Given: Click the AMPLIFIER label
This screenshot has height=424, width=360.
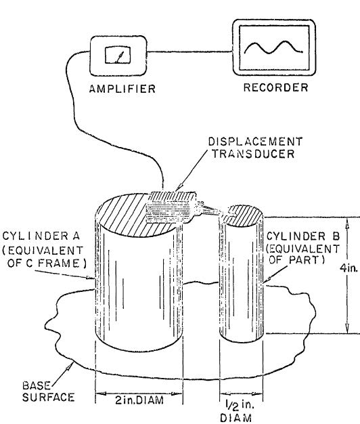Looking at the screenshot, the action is tap(122, 89).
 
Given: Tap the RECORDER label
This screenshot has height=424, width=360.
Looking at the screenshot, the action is tap(275, 87).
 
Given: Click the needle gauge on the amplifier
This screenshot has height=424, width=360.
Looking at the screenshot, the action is tap(118, 55).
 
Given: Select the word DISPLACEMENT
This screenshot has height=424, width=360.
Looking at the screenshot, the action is tap(255, 141).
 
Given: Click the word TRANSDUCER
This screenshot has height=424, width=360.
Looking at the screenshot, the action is tap(253, 153).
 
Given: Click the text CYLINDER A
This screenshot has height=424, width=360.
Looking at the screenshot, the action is tap(41, 236).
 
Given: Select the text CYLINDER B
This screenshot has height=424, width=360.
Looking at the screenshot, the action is tap(302, 236).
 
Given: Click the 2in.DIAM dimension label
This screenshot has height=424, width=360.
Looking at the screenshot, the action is tap(139, 400).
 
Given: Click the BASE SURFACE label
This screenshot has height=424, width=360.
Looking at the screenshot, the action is tap(48, 391).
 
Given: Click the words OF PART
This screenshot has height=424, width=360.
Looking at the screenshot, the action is tap(296, 260).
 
